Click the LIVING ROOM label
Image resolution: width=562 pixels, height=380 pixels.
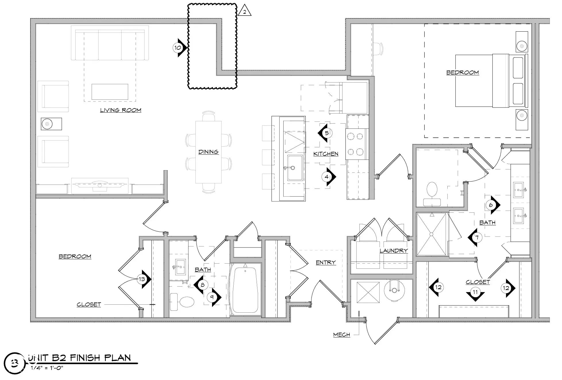tap(120, 110)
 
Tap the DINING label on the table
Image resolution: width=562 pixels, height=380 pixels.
tap(208, 152)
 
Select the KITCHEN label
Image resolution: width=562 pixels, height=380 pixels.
tap(326, 154)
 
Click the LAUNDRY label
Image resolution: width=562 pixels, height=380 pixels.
tap(393, 251)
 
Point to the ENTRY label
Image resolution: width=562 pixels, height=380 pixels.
tap(326, 262)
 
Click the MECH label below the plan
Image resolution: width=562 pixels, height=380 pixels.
tap(341, 335)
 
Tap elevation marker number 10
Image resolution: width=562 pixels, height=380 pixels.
tap(178, 48)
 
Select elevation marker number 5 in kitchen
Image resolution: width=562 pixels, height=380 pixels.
tap(326, 133)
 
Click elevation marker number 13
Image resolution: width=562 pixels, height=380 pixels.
tap(142, 279)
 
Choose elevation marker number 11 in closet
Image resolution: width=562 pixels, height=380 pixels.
tap(475, 292)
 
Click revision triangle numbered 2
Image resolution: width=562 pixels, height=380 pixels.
tap(245, 12)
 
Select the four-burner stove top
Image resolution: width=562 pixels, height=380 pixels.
tap(355, 144)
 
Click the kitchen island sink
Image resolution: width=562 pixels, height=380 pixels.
tap(295, 168)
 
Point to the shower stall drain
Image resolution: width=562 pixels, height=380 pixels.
tap(431, 234)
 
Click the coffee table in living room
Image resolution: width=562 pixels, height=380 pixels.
tap(110, 92)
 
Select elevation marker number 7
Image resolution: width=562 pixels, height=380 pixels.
tap(477, 237)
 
